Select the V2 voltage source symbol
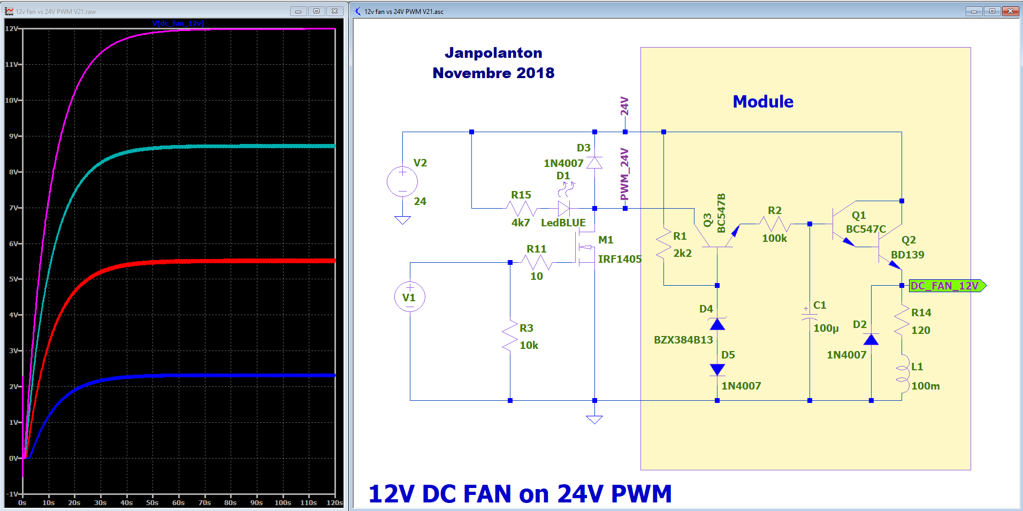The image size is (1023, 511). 402,181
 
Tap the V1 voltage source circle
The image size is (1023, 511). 409,297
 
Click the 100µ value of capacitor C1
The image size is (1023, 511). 826,328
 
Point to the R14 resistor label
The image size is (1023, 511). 921,312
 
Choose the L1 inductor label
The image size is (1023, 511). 917,367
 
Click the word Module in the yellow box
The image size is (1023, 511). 762,102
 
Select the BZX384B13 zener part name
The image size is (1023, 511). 683,340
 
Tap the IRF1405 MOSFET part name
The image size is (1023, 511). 619,259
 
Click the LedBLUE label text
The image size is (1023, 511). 563,223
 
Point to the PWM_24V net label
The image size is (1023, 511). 624,174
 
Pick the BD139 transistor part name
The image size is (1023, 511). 907,255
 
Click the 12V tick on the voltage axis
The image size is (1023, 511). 11,28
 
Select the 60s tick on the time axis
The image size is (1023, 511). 178,502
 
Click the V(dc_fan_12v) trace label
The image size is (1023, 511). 178,23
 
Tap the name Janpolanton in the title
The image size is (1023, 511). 493,53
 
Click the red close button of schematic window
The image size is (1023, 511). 1010,11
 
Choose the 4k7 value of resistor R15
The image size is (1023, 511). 520,223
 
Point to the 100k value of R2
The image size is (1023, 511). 774,238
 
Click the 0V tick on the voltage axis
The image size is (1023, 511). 13,458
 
